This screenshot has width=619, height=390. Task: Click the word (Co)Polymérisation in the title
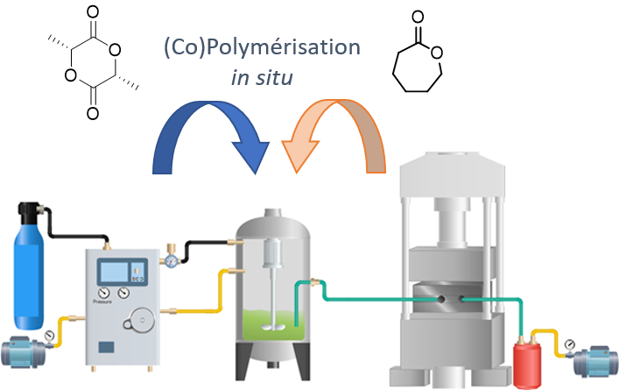pos(262,47)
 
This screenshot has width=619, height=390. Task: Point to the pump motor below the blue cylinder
pos(26,353)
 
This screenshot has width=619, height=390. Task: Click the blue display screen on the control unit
pos(115,270)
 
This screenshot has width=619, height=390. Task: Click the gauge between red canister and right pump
pos(570,344)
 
